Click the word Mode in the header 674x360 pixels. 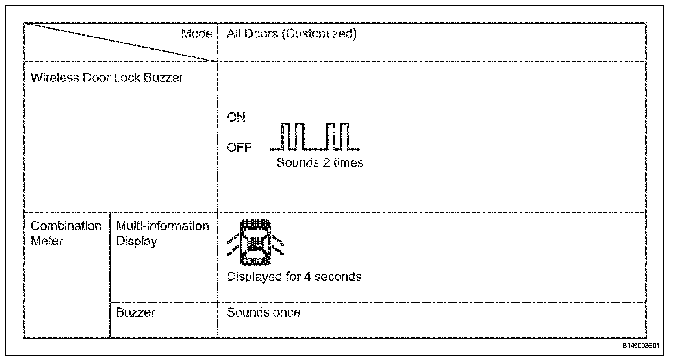point(197,34)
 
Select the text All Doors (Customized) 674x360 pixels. point(292,34)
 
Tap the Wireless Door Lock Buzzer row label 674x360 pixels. point(107,77)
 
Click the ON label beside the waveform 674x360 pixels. point(236,118)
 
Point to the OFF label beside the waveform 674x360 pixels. point(239,148)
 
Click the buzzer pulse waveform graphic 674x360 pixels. point(315,137)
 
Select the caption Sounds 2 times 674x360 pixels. point(320,163)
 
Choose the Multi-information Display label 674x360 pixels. point(162,233)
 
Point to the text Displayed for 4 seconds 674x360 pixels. point(294,277)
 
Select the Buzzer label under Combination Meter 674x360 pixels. point(135,312)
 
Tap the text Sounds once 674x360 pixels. point(263,312)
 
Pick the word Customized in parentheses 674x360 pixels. point(318,34)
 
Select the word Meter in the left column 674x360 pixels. point(47,241)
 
